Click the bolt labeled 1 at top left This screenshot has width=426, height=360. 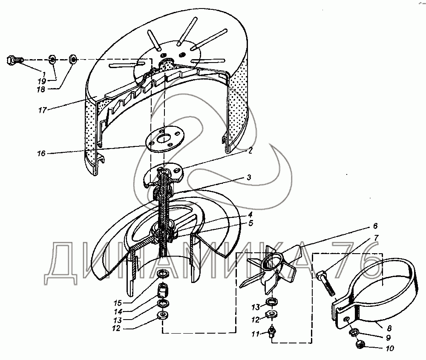pos(14,60)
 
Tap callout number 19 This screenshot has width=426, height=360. pos(42,81)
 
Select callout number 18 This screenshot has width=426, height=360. pos(41,89)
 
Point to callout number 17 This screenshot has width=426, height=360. pos(42,110)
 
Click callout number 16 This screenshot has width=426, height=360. pos(41,154)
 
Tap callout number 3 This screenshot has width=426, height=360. pos(249,177)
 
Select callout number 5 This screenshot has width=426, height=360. pos(250,223)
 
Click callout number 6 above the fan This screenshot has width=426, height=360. pos(375,226)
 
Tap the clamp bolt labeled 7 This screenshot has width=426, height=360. pos(325,283)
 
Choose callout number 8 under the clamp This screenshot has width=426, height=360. pos(389,329)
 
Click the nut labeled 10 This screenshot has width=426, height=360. pos(360,345)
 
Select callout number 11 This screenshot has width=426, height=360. pos(255,334)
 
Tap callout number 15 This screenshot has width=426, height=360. pos(118,303)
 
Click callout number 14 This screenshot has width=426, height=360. pos(118,312)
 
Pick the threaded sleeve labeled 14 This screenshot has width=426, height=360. pos(163,289)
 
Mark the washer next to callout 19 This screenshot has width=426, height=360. pos(52,59)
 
